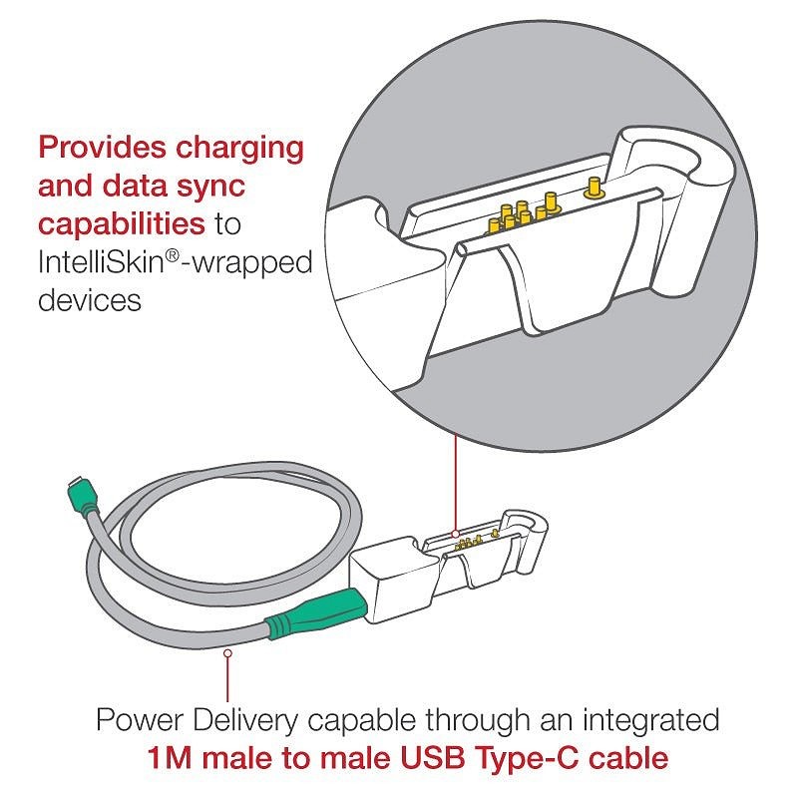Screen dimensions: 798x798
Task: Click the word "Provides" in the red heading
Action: pyautogui.click(x=102, y=147)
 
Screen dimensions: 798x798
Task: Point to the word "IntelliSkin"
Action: pyautogui.click(x=102, y=262)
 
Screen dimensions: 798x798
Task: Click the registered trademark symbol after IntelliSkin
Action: pyautogui.click(x=173, y=256)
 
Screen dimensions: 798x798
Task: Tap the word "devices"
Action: pyautogui.click(x=90, y=300)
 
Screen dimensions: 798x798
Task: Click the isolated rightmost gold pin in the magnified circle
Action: pyautogui.click(x=594, y=188)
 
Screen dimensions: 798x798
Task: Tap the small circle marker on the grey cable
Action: pyautogui.click(x=228, y=652)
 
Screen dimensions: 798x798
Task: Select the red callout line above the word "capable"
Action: pyautogui.click(x=228, y=679)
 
